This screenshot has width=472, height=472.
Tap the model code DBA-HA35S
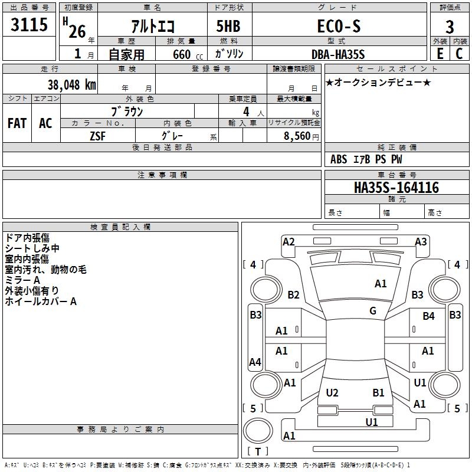pyautogui.click(x=338, y=54)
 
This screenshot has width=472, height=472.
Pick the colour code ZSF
pyautogui.click(x=99, y=135)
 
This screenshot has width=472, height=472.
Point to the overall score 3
pyautogui.click(x=450, y=27)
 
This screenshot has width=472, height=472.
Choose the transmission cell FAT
pyautogui.click(x=17, y=123)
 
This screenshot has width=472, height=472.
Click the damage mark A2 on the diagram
pyautogui.click(x=289, y=241)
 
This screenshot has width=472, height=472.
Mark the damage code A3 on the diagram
pyautogui.click(x=421, y=241)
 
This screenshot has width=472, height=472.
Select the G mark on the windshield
pyautogui.click(x=373, y=311)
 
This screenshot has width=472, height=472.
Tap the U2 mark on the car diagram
pyautogui.click(x=332, y=392)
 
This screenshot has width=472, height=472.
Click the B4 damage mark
pyautogui.click(x=428, y=316)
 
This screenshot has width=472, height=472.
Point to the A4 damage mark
pyautogui.click(x=255, y=362)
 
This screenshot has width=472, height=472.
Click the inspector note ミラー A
pyautogui.click(x=22, y=280)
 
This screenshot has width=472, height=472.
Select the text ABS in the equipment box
pyautogui.click(x=339, y=159)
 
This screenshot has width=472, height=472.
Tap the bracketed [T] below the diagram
pyautogui.click(x=258, y=452)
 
